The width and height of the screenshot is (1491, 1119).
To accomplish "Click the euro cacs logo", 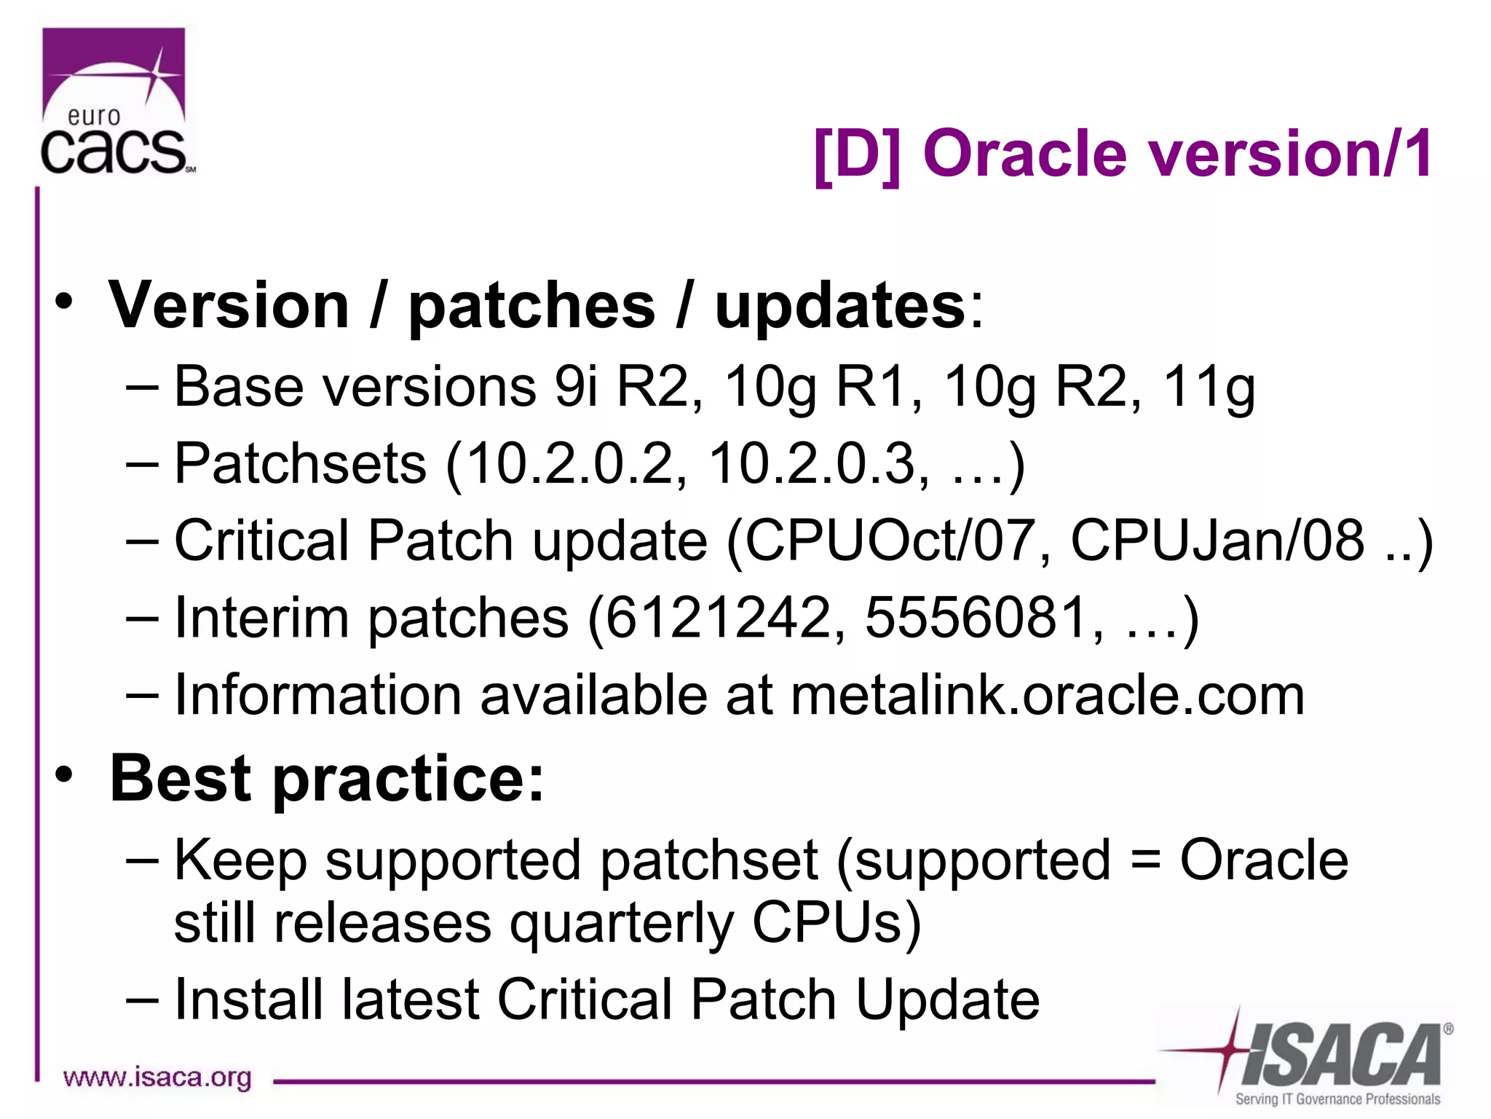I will point(115,102).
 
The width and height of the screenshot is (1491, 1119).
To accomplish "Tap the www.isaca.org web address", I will point(157,1077).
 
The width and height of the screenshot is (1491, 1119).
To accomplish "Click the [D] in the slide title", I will point(857,154).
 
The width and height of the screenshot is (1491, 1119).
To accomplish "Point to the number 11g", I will point(1208,387).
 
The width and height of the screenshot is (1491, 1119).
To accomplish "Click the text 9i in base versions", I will point(575,385).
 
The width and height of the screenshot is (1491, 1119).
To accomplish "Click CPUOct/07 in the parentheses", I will point(890,541).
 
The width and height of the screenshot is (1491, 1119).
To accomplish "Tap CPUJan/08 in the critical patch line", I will point(1217,541).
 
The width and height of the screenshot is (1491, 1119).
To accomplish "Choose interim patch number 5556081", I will point(975,618).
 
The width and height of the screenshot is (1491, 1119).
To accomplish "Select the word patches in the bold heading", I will point(531,306).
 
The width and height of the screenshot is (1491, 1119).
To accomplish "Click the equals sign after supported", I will point(1145,860).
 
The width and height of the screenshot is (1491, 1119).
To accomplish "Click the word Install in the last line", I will point(248,1000).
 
